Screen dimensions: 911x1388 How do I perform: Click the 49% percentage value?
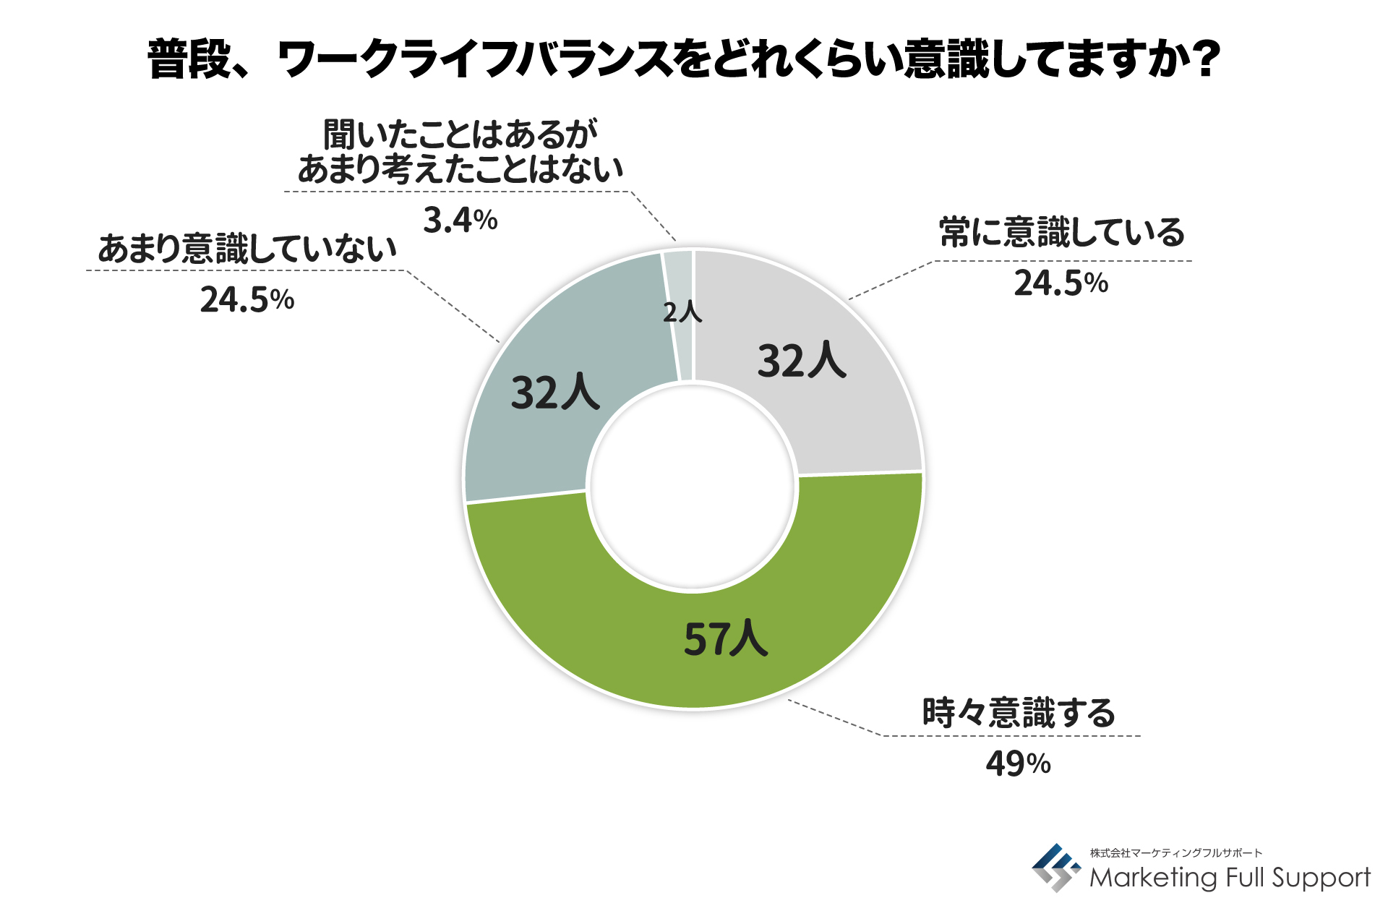(1018, 764)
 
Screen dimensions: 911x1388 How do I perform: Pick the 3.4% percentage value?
(460, 220)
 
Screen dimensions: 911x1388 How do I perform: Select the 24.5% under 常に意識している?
(1061, 283)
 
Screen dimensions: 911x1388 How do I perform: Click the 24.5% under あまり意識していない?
(247, 299)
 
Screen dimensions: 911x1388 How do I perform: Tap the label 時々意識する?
(1018, 712)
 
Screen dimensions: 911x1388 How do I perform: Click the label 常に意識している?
(1061, 233)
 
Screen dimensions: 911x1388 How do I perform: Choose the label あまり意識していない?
(247, 248)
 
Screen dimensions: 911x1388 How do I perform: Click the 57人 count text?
(725, 639)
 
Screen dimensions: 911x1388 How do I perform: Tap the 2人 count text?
(682, 312)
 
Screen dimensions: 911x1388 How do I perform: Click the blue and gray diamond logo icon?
(1055, 868)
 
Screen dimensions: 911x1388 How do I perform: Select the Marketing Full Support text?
(1229, 877)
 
